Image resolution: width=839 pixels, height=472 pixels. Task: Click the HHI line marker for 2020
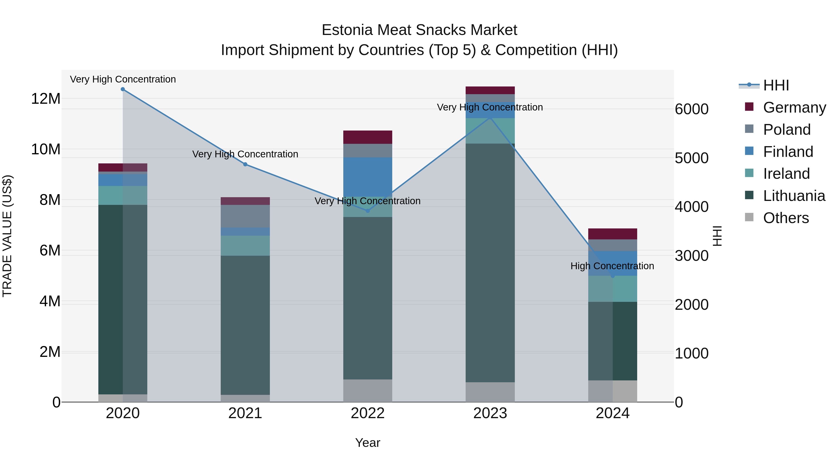pyautogui.click(x=123, y=89)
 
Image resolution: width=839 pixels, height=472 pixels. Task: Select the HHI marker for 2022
pyautogui.click(x=368, y=211)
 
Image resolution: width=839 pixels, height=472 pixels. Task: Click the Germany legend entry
pyautogui.click(x=794, y=107)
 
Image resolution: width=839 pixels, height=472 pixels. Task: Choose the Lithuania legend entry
pyautogui.click(x=794, y=196)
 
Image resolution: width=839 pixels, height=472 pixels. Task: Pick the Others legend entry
pyautogui.click(x=786, y=218)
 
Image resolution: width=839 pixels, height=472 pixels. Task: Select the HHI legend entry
pyautogui.click(x=776, y=85)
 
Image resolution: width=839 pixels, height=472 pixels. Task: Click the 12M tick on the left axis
pyautogui.click(x=46, y=99)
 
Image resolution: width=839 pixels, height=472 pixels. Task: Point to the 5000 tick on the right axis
pyautogui.click(x=691, y=158)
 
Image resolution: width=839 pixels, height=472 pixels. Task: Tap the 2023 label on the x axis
pyautogui.click(x=490, y=413)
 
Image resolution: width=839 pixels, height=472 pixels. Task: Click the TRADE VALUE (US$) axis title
pyautogui.click(x=7, y=236)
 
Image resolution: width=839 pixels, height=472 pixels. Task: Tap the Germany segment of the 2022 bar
pyautogui.click(x=368, y=137)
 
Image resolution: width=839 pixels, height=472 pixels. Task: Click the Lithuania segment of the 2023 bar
pyautogui.click(x=490, y=262)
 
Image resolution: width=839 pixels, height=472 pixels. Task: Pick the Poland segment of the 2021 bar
pyautogui.click(x=245, y=216)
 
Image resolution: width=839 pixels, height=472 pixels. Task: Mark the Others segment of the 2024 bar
pyautogui.click(x=613, y=391)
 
